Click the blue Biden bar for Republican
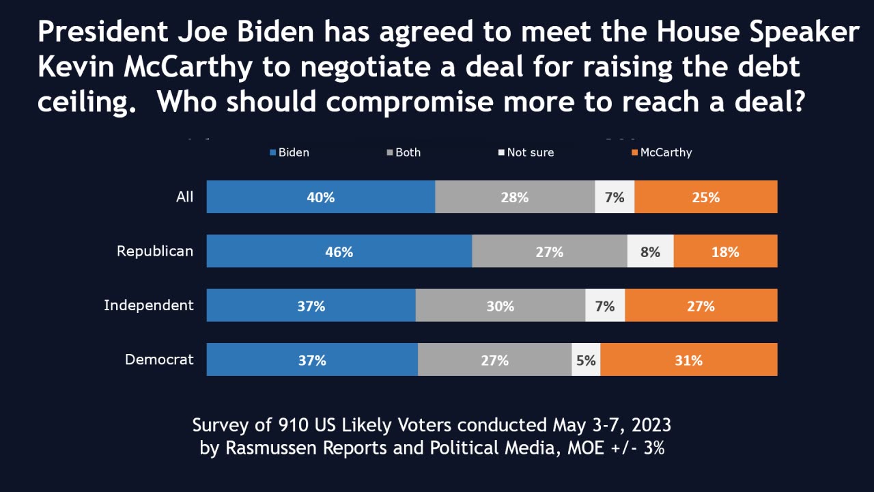pos(339,251)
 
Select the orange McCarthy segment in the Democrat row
pos(688,360)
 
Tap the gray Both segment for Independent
pos(500,306)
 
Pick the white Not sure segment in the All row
pos(615,197)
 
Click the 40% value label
pos(320,197)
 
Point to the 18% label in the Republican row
pos(724,251)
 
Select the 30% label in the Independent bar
pos(500,306)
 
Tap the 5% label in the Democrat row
pos(586,360)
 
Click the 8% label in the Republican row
pos(650,251)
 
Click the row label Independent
pos(149,305)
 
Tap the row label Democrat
pos(159,359)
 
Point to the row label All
pos(184,197)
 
